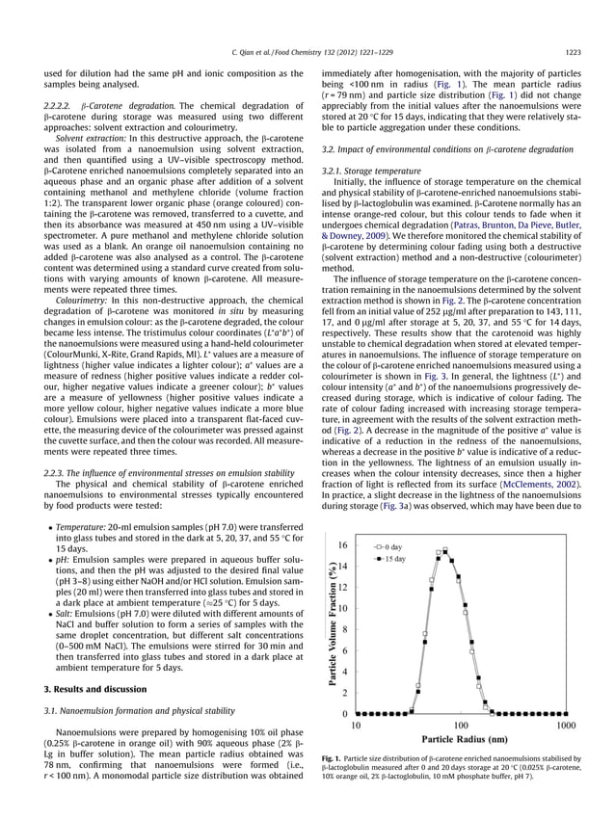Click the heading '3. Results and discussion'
click(x=97, y=688)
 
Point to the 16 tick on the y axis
click(x=341, y=545)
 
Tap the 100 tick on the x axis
click(x=460, y=726)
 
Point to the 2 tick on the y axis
click(x=344, y=693)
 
